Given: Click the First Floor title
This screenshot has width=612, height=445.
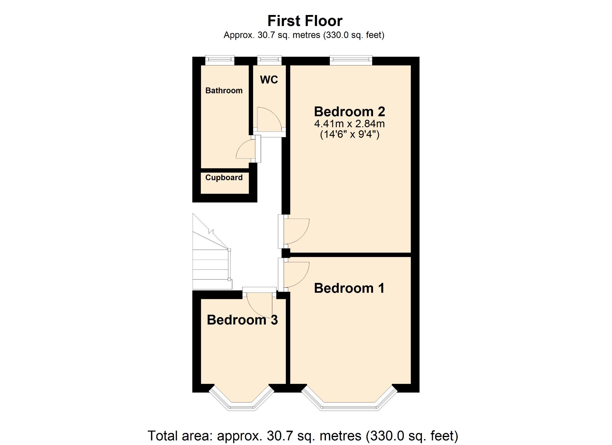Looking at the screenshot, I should (305, 21).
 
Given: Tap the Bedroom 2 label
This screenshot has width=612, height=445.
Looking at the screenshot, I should (349, 112).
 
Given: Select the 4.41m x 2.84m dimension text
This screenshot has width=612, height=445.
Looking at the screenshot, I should (349, 124).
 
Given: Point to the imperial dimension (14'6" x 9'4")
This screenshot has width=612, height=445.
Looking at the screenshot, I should (349, 134).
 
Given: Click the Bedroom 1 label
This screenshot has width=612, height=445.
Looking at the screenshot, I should (349, 288).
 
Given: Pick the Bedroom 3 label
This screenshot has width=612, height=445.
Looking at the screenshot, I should (242, 320).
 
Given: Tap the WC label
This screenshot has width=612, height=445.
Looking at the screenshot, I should (269, 80).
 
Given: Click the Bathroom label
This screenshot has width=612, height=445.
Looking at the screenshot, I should (224, 91).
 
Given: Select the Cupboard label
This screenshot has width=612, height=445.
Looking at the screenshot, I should (224, 178).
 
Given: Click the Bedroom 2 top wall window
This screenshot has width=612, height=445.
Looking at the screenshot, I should (351, 61).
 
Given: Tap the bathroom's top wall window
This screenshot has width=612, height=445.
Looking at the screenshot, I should (220, 61).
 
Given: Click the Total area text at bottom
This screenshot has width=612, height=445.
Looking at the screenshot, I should (303, 436).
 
